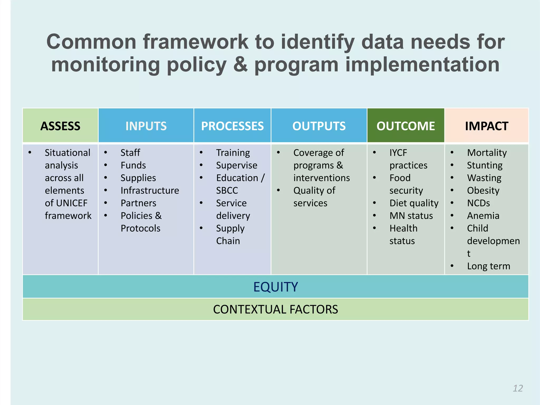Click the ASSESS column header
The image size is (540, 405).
(x=60, y=126)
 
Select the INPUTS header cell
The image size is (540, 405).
(x=146, y=126)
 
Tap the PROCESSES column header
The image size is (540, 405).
(x=232, y=126)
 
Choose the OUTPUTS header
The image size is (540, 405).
(x=319, y=126)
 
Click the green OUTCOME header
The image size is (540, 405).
(x=406, y=126)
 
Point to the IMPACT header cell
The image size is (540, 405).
(x=486, y=126)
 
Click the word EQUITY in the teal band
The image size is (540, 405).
(x=275, y=287)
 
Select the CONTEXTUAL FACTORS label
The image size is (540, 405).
(x=275, y=309)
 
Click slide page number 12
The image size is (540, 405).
(x=518, y=388)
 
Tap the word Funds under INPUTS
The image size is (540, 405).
(x=133, y=165)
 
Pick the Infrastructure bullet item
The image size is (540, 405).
(x=150, y=190)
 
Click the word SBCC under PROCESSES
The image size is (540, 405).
(x=227, y=190)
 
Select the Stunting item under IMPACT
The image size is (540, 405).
(x=485, y=165)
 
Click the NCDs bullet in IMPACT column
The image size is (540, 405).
(x=478, y=203)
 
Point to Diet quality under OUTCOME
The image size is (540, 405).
(x=414, y=203)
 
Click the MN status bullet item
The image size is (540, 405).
(x=411, y=216)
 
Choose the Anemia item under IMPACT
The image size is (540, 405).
(x=483, y=216)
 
